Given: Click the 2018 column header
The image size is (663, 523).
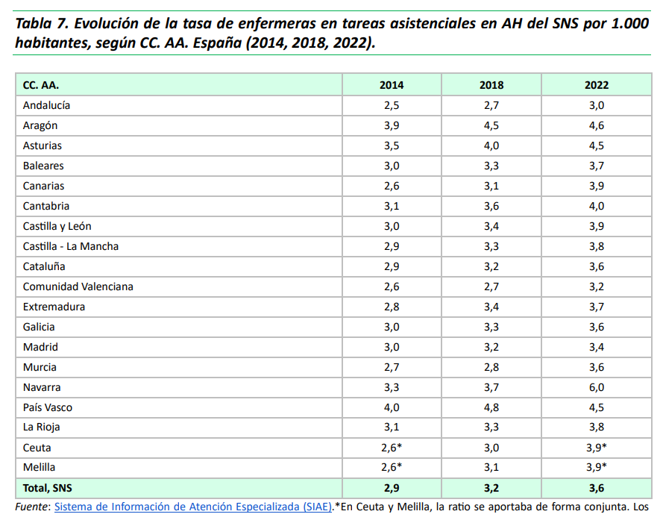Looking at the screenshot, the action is pos(491,85).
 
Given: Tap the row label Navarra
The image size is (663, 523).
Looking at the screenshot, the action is pos(42,387).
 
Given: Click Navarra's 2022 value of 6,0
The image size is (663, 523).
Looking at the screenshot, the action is pos(597,387).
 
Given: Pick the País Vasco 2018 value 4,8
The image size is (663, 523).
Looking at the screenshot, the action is pos(491,407).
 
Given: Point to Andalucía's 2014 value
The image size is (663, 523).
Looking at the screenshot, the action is pos(392,105).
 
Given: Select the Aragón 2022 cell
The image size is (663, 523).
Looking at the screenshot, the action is pos(597,125).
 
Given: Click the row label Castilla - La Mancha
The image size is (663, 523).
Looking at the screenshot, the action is pos(71,246).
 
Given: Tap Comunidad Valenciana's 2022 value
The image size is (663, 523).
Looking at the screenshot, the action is pos(597,286).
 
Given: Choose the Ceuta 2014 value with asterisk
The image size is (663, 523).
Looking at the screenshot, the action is pos(392,448).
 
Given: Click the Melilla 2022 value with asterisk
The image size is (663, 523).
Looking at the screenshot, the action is pos(597,467).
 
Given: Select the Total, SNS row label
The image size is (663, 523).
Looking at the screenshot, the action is pos(48,488).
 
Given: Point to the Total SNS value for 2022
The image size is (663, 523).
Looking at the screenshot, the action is pos(597,488).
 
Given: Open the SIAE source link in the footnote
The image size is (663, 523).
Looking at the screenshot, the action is pos(193,507).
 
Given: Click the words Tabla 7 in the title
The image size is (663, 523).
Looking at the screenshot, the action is pos(42,23).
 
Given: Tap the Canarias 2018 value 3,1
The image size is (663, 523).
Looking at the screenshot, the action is pos(491,186).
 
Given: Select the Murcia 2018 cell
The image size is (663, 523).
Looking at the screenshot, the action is pos(491,367).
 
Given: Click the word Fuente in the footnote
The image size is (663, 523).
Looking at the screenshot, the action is pos(32,507).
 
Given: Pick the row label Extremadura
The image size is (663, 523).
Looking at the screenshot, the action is pos(54,307).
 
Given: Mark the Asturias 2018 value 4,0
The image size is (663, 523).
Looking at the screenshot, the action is pos(491,145).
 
